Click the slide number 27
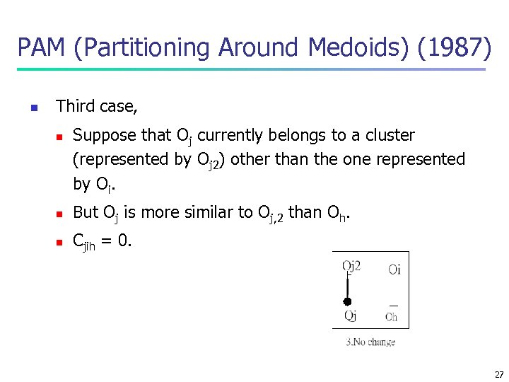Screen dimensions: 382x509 click(x=499, y=375)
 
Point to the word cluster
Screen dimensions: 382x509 click(x=387, y=134)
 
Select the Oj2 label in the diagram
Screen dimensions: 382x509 click(x=351, y=267)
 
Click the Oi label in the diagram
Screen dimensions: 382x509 click(x=394, y=268)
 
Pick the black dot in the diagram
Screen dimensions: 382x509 click(x=347, y=301)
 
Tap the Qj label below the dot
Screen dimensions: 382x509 click(x=351, y=316)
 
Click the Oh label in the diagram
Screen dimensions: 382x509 click(x=391, y=316)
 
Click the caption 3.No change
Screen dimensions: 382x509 click(x=370, y=342)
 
